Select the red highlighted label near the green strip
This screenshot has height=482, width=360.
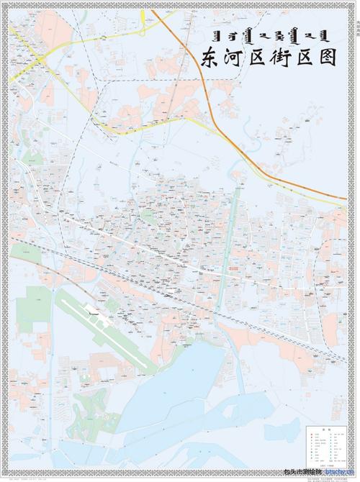232,266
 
